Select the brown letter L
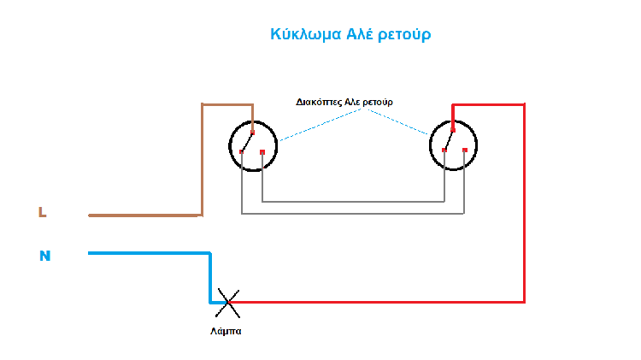(x=42, y=212)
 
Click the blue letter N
(x=44, y=255)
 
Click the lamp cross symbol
(x=226, y=300)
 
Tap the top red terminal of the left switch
(x=253, y=131)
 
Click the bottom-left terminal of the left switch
(x=243, y=152)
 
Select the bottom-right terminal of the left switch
(x=262, y=152)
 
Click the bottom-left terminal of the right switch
(x=444, y=151)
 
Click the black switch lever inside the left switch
(x=248, y=141)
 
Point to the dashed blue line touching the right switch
(x=402, y=123)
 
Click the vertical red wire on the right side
(x=524, y=205)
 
